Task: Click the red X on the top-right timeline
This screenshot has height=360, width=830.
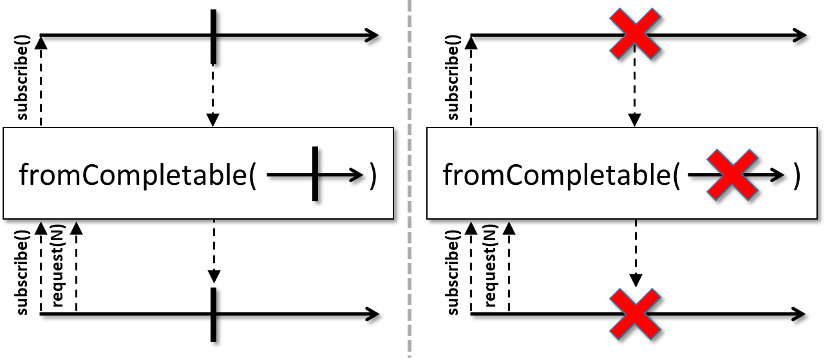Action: click(635, 34)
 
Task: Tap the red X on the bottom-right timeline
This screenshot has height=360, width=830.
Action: click(635, 314)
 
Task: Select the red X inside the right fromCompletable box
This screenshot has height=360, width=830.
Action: click(733, 175)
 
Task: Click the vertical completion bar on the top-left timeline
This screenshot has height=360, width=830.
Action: click(213, 36)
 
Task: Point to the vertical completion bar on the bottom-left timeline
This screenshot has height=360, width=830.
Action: click(213, 314)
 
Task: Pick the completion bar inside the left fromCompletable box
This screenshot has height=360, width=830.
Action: click(315, 173)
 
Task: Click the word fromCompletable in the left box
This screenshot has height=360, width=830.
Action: click(133, 175)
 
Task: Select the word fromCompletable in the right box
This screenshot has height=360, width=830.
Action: click(557, 175)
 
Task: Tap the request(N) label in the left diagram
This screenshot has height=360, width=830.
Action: click(58, 265)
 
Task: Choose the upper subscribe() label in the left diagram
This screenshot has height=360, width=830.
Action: click(23, 77)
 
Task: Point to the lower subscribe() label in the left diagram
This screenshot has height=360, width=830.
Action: click(23, 272)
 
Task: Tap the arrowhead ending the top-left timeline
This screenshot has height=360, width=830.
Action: click(372, 35)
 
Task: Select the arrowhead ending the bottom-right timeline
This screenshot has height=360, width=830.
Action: click(798, 314)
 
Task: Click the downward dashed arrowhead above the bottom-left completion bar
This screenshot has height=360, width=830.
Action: click(214, 276)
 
